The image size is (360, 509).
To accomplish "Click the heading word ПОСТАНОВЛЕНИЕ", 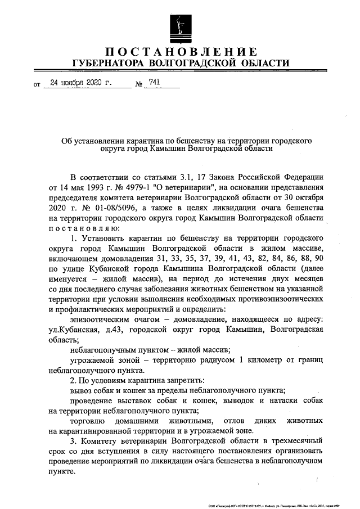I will [180, 52].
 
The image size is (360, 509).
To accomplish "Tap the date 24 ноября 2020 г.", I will [81, 82].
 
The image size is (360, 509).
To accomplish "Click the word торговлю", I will [87, 421].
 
